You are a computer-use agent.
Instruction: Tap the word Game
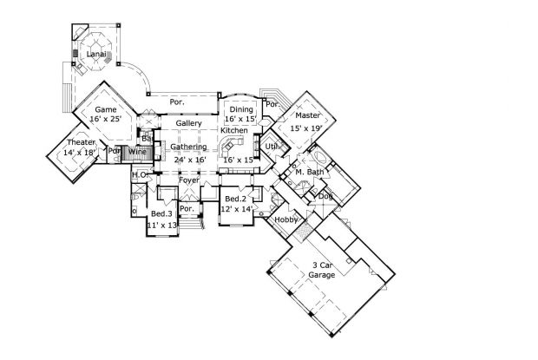pyautogui.click(x=105, y=109)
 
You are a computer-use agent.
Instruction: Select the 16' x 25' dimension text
pyautogui.click(x=105, y=120)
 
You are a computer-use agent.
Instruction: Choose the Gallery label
pyautogui.click(x=188, y=124)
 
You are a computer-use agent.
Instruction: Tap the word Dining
pyautogui.click(x=240, y=109)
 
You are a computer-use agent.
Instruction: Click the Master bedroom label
pyautogui.click(x=308, y=115)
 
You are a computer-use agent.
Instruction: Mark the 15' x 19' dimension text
pyautogui.click(x=307, y=128)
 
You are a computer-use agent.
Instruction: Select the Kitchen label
pyautogui.click(x=233, y=130)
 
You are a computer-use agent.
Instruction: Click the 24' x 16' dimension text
pyautogui.click(x=188, y=160)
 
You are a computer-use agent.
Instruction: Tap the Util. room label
pyautogui.click(x=272, y=147)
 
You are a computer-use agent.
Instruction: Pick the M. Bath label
pyautogui.click(x=309, y=173)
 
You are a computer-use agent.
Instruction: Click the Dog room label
pyautogui.click(x=325, y=196)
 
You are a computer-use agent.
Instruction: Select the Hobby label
pyautogui.click(x=286, y=219)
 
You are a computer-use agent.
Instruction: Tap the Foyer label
pyautogui.click(x=189, y=180)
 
